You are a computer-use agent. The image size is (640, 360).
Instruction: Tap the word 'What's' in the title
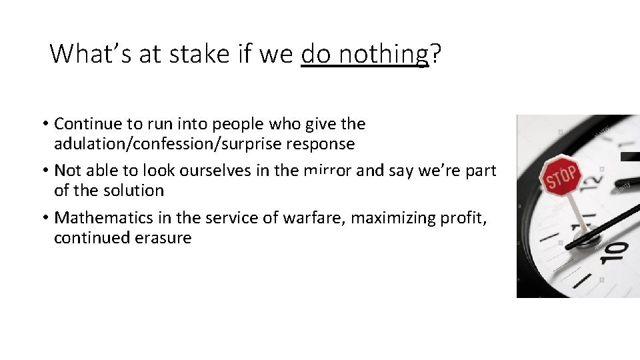coord(91,54)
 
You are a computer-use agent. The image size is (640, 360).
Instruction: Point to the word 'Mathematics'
coord(103,217)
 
